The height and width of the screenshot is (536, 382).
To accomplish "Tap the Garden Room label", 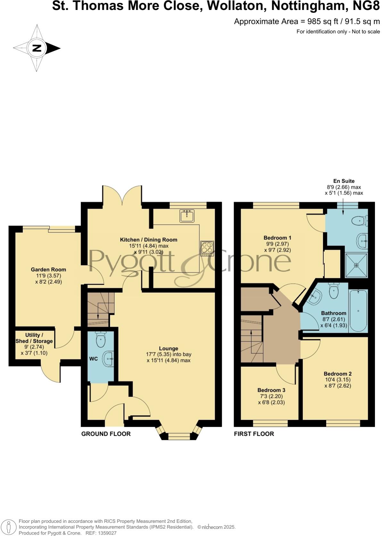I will pos(48,270).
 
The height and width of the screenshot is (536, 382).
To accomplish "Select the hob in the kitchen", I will pos(207,248).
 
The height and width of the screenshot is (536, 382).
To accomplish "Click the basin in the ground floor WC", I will pos(108,359).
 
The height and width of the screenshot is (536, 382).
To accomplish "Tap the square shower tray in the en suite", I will pos(356,265).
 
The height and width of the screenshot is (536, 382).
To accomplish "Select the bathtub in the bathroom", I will pos(358,311).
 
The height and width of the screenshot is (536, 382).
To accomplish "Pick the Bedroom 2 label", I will pos(337,374).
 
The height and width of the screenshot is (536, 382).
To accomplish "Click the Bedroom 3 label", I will pos(271,390).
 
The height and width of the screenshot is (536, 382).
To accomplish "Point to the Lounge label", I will pos(169,348).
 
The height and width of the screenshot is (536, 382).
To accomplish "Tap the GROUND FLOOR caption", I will pos(106,434).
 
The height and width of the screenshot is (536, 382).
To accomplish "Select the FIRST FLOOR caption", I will pos(254,434).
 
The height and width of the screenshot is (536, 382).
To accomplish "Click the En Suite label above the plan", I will pos(343,181).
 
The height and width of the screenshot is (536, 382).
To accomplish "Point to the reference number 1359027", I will pos(106,533).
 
